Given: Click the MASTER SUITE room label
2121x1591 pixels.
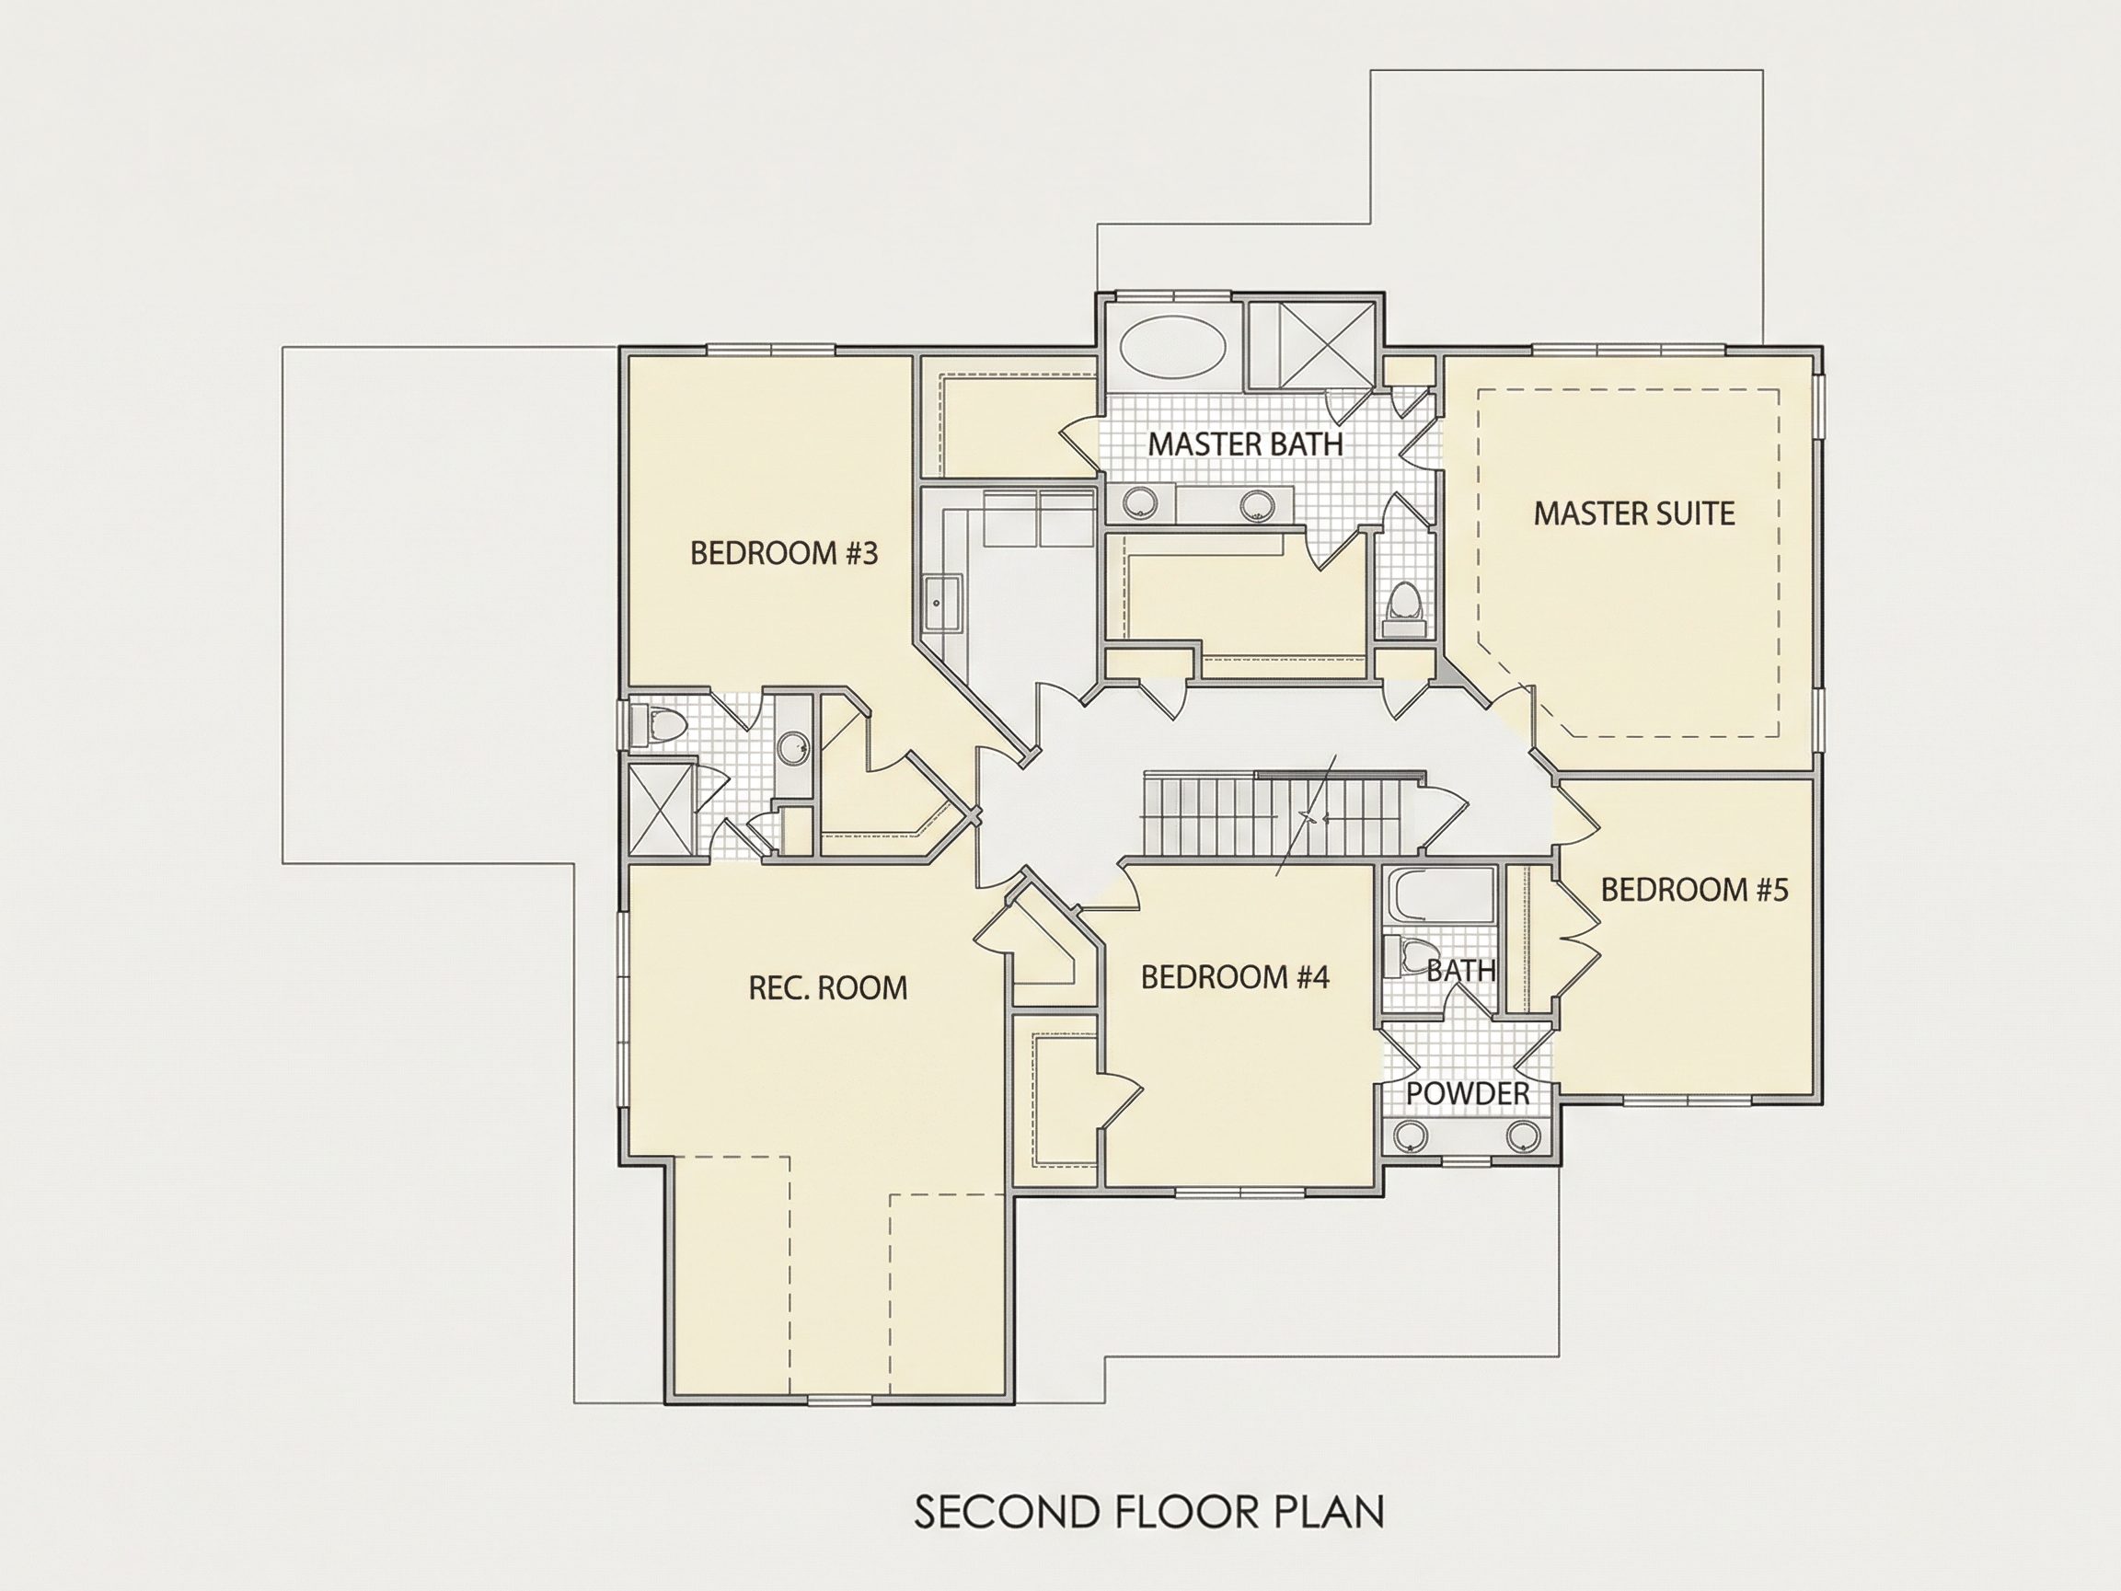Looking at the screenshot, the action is point(1634,514).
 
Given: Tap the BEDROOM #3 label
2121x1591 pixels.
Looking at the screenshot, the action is point(784,554).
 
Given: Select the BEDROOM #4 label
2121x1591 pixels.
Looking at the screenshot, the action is point(1235,977).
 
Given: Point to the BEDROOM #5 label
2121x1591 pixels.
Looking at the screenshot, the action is point(1694,890).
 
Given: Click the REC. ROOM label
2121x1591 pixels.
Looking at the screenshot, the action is point(827,987).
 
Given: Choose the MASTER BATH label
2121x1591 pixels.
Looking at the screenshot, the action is point(1246,444).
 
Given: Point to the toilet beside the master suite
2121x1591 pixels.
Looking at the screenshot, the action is point(1405,610).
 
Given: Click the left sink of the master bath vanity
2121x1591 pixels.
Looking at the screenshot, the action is point(1141,504).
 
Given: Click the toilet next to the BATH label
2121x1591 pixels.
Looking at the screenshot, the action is point(1406,956).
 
